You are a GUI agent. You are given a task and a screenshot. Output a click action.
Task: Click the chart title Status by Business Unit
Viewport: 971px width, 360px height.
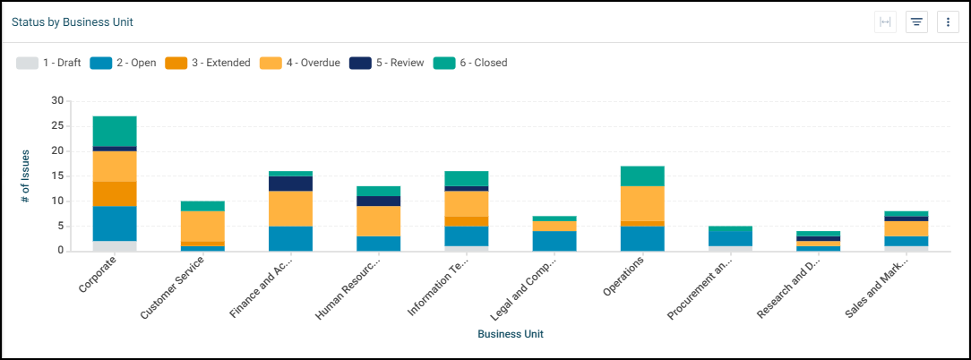73,21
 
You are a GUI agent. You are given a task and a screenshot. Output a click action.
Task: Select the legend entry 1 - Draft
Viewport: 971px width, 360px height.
49,63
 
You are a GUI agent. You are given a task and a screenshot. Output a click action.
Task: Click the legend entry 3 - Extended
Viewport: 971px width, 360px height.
208,63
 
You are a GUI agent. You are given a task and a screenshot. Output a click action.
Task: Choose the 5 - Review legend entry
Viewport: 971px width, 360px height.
386,63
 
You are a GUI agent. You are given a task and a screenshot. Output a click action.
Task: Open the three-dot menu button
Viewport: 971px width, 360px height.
948,22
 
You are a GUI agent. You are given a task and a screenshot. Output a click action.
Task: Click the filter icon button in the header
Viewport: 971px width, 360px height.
916,22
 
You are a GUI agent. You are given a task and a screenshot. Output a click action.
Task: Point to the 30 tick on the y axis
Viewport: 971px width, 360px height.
58,101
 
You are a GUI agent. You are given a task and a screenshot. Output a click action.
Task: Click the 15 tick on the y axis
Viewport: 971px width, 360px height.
58,176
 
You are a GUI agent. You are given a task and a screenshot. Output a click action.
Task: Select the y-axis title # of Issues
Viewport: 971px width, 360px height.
26,176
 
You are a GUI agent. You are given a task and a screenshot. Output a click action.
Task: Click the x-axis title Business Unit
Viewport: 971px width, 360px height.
511,334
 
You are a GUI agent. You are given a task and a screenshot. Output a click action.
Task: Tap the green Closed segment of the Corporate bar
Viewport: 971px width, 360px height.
115,131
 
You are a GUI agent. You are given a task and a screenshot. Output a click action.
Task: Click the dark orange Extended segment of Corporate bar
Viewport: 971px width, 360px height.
115,193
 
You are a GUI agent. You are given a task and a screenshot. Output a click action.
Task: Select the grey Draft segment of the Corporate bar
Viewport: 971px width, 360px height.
115,245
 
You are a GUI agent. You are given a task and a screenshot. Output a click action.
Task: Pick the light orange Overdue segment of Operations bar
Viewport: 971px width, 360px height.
641,203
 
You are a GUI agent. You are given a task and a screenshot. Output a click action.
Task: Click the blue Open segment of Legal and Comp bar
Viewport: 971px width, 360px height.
554,241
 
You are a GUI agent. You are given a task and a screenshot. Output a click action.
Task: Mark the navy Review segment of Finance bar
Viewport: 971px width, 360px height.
290,184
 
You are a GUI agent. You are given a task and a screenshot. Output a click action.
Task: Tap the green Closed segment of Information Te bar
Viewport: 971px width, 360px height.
466,178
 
